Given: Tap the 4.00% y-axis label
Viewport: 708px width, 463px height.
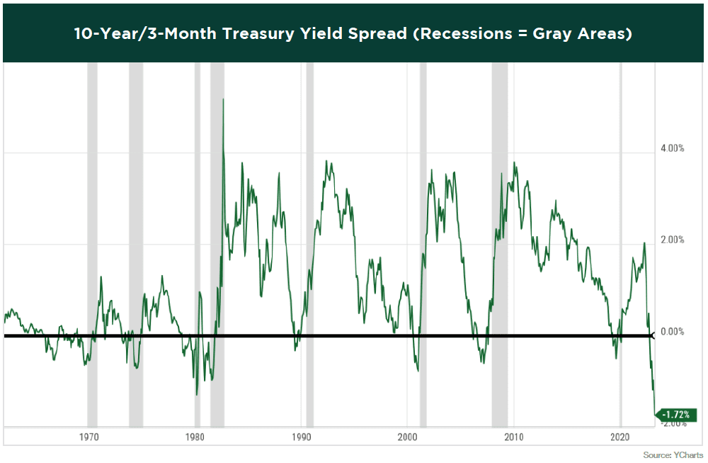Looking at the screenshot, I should pyautogui.click(x=672, y=149).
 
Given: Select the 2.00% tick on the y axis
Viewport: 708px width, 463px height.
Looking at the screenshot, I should pyautogui.click(x=672, y=240).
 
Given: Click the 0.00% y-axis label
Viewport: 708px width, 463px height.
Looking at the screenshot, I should pyautogui.click(x=672, y=332).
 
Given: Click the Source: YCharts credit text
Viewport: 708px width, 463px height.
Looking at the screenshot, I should pyautogui.click(x=673, y=454).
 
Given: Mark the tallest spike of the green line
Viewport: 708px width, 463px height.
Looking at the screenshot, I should pyautogui.click(x=224, y=99).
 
